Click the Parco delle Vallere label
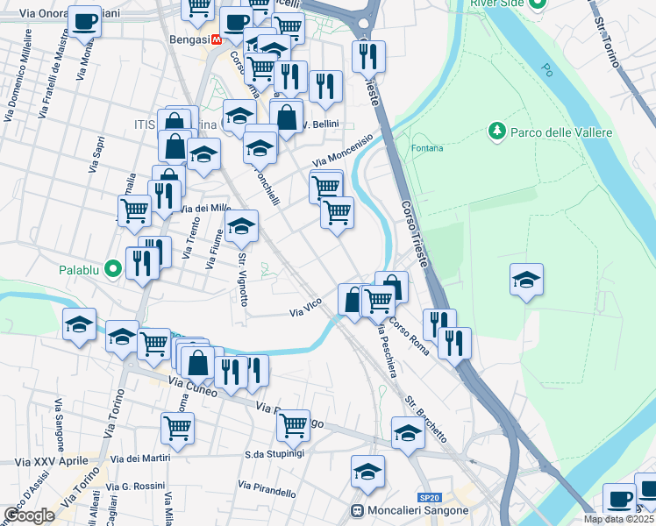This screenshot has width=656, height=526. coord(545,131)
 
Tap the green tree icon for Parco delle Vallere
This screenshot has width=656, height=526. coord(496,131)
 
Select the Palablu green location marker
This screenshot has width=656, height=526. coord(112,268)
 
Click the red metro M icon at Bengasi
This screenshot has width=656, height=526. coord(215,40)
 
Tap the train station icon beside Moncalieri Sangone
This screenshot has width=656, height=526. coord(357,511)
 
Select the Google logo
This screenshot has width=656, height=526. coord(29,515)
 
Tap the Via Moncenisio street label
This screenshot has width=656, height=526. coord(344,150)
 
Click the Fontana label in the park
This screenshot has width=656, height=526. coord(428,147)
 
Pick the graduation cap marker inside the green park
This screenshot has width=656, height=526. coord(526,281)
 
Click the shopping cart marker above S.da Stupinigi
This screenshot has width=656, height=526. coord(294,425)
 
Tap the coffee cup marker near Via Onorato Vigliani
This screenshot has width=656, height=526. coord(85,21)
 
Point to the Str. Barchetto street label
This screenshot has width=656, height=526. coord(426,419)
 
